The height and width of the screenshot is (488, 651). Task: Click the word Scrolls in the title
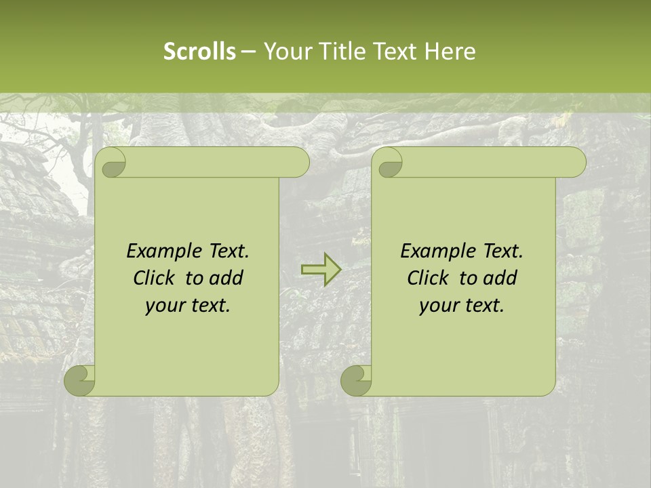pyautogui.click(x=199, y=52)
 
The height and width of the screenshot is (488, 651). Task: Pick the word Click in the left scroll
pyautogui.click(x=153, y=278)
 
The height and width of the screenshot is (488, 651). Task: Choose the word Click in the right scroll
pyautogui.click(x=427, y=278)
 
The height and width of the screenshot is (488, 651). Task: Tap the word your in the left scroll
pyautogui.click(x=164, y=306)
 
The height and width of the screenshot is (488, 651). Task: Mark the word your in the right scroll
pyautogui.click(x=438, y=306)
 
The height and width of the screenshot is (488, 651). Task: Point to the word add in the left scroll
pyautogui.click(x=227, y=278)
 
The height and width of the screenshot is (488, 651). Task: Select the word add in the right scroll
pyautogui.click(x=501, y=278)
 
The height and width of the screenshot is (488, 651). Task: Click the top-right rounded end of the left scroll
pyautogui.click(x=298, y=163)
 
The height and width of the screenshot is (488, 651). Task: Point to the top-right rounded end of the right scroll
pyautogui.click(x=575, y=163)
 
